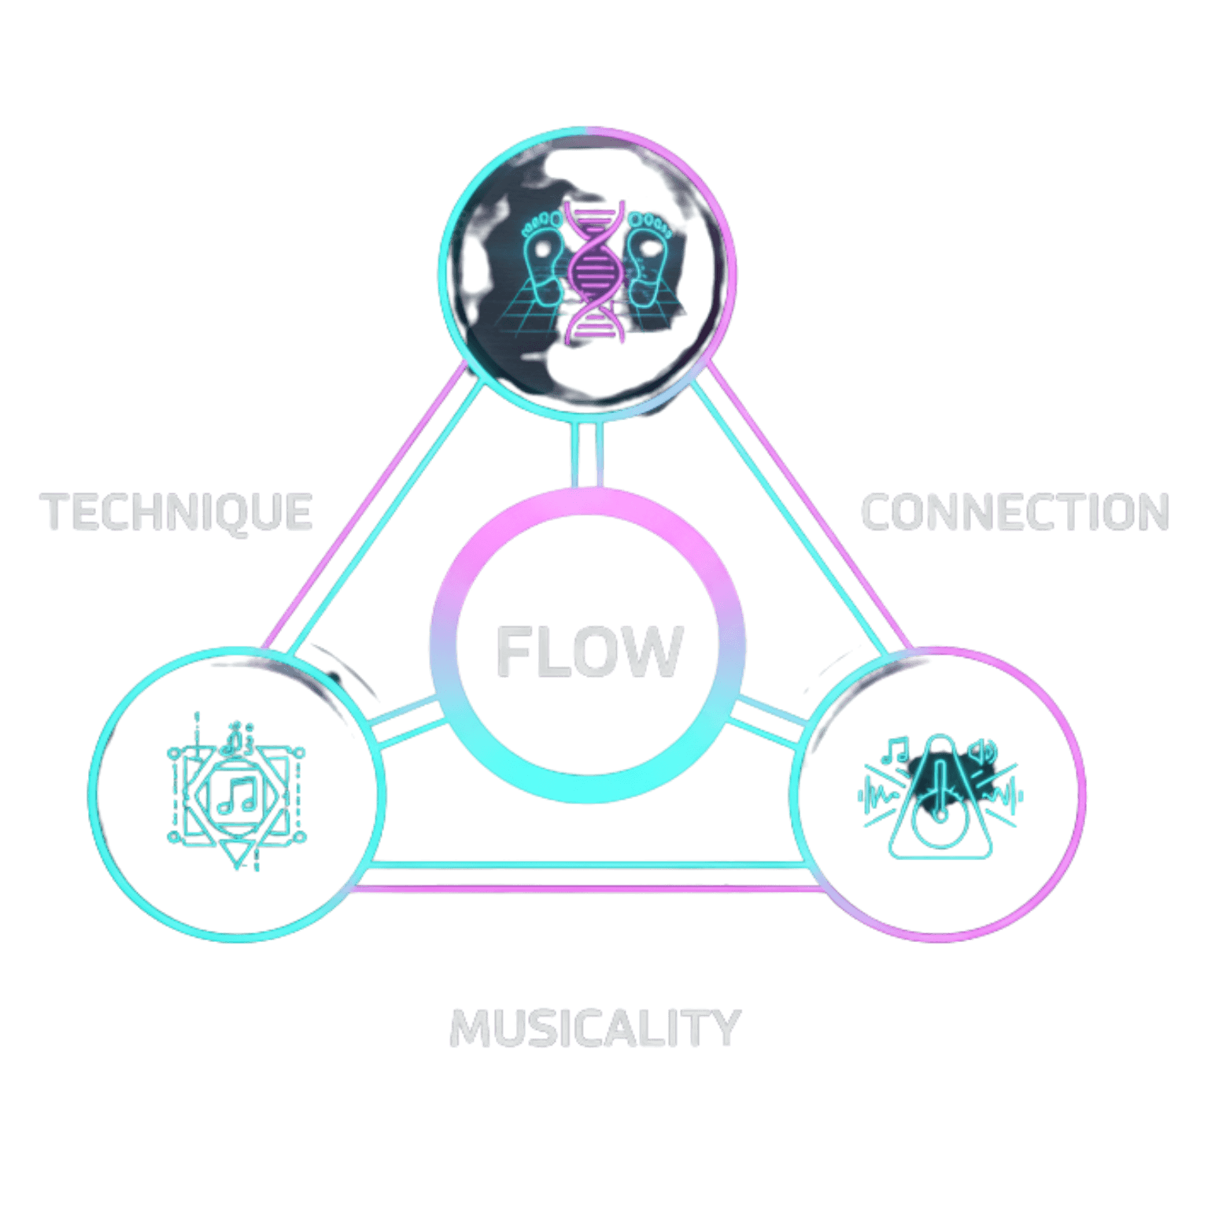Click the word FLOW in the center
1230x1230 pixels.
click(589, 651)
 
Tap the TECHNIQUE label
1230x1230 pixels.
click(177, 512)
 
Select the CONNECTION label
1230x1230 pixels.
click(1015, 512)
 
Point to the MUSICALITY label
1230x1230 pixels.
click(595, 1028)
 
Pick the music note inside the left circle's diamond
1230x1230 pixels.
click(237, 795)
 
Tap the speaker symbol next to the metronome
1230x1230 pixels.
click(983, 752)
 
